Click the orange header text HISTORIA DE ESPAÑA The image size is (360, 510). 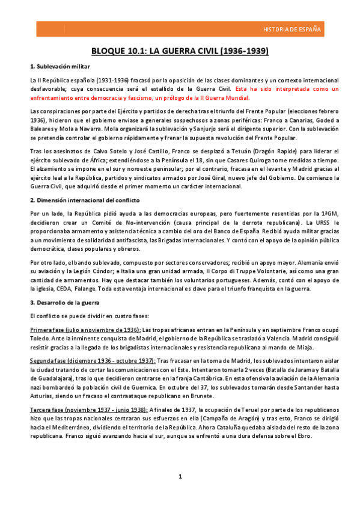coord(292,29)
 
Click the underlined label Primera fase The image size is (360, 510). coord(47,330)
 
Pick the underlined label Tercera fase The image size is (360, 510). coord(46,410)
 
